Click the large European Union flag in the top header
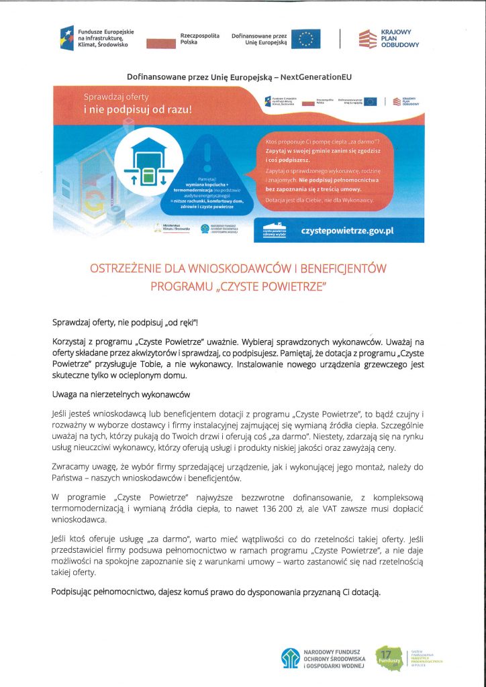305,39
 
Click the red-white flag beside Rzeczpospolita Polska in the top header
161,42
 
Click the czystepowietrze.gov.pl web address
347,229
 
